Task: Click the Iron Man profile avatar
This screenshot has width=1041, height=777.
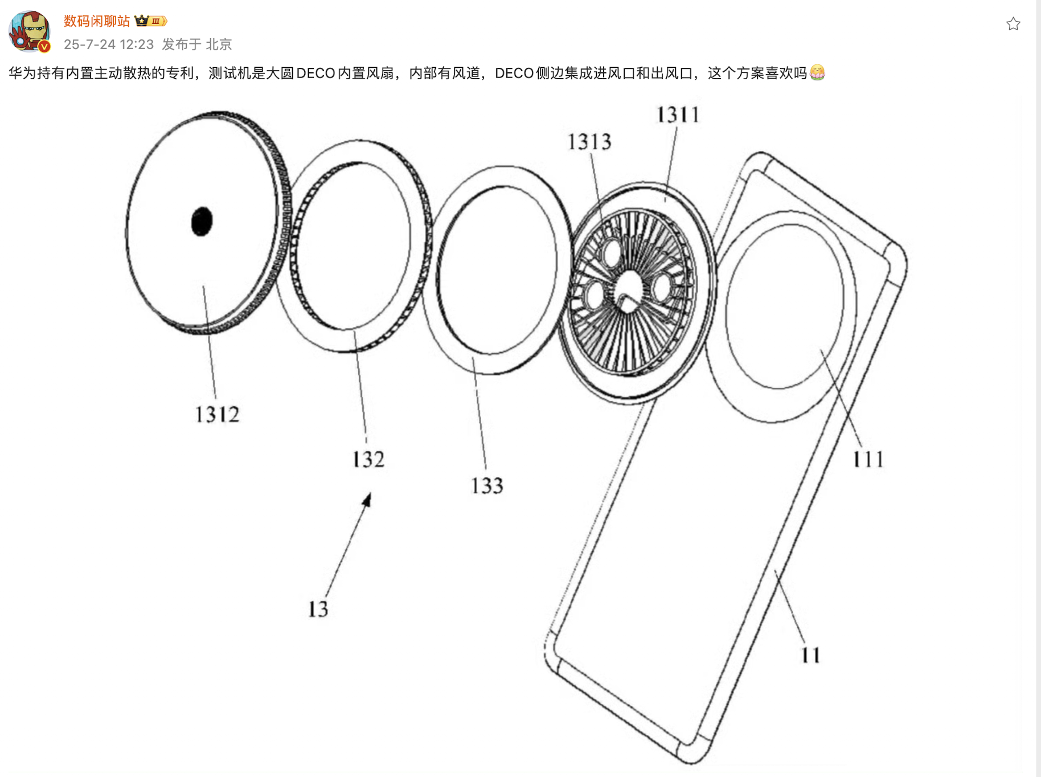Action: [30, 31]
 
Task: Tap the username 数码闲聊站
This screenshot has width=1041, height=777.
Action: [97, 21]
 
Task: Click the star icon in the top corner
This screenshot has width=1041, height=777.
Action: [1013, 24]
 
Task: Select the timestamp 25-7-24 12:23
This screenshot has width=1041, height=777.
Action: [109, 44]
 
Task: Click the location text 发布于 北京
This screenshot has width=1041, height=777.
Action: [197, 44]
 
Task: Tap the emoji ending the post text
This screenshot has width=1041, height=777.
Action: [817, 73]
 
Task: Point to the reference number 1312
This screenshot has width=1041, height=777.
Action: [217, 414]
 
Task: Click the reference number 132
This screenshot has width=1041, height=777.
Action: [368, 459]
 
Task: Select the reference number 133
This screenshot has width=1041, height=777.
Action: [487, 485]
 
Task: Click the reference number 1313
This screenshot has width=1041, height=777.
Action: [589, 141]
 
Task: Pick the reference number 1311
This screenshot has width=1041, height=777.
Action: [678, 114]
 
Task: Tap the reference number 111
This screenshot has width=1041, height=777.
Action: [868, 459]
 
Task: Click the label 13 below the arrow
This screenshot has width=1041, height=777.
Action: [318, 609]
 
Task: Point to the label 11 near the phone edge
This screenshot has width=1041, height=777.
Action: [811, 655]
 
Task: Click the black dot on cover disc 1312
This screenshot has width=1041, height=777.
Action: [202, 221]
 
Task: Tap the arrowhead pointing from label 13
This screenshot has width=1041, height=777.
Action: [367, 500]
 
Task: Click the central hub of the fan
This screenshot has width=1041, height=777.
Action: [628, 291]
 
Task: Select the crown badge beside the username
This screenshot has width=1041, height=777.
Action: [151, 21]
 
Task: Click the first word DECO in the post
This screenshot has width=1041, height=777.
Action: [315, 73]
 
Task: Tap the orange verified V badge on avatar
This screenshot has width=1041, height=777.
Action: [44, 47]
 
